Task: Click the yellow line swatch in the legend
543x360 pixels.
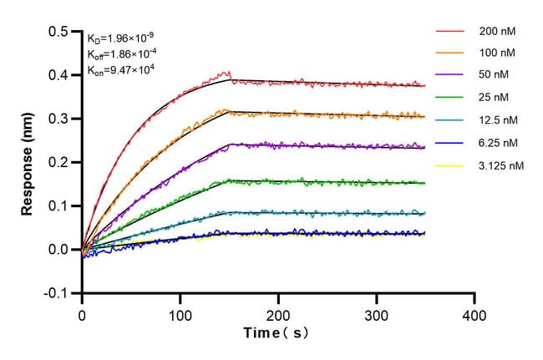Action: click(x=449, y=166)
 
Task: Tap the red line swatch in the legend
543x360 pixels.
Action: click(x=449, y=32)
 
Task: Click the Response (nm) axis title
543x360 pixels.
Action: click(x=28, y=162)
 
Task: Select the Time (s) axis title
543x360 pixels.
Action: click(x=278, y=333)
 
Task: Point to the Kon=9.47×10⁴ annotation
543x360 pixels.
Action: click(x=120, y=71)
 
